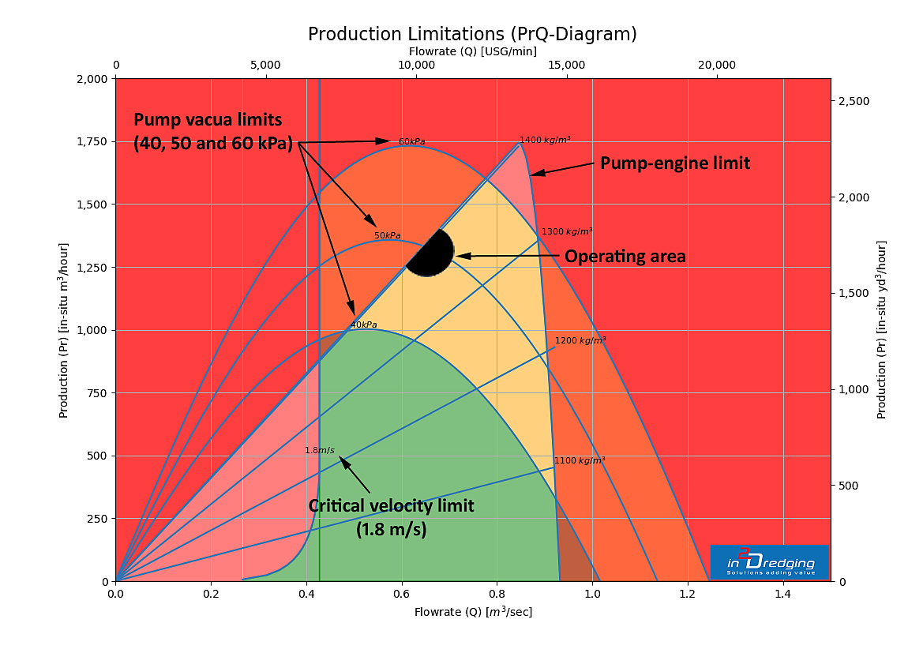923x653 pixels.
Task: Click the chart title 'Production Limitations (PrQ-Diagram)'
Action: coord(471,35)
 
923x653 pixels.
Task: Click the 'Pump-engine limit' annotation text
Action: coord(674,163)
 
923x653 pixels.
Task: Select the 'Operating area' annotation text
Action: coord(625,257)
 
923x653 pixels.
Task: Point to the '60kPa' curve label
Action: coord(411,142)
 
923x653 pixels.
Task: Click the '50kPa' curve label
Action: coord(387,236)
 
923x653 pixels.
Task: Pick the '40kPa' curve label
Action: coord(363,325)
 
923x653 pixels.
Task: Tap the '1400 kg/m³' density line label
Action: coord(545,140)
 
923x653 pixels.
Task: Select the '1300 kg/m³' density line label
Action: coord(566,232)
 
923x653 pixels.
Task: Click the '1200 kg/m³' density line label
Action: coord(580,341)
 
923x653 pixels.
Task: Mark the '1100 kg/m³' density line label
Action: coord(580,460)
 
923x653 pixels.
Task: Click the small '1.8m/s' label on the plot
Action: coord(320,451)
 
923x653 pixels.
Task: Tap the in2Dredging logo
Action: coord(769,561)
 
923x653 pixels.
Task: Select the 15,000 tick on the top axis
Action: coord(567,65)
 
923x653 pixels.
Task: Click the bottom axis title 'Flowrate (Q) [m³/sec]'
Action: coord(473,612)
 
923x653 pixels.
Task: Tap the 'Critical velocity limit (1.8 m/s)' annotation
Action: coord(391,518)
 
